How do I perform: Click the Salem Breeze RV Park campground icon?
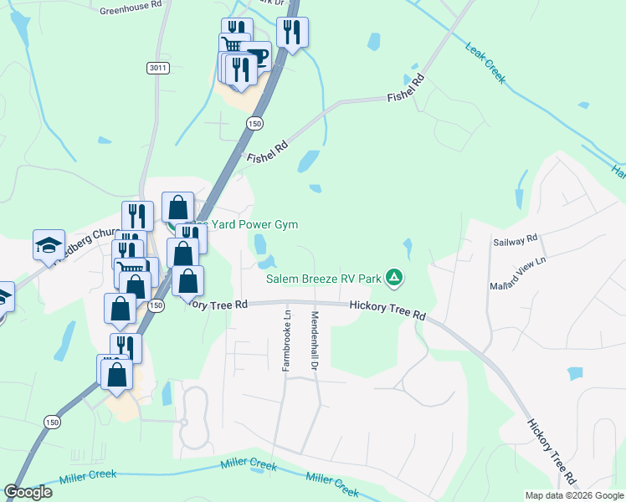coord(395,277)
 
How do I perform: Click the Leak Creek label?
coord(485,64)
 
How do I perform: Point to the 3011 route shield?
coord(156,67)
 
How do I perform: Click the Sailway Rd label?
coord(515,241)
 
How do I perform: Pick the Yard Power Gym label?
coord(249,224)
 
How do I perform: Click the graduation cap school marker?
coord(49,244)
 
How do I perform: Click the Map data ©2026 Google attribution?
coord(574,495)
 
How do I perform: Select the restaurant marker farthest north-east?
coord(293,33)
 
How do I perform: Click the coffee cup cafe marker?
coord(257,57)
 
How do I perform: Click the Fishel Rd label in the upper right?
coord(407,89)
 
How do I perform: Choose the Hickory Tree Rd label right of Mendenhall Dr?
coord(388,310)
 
